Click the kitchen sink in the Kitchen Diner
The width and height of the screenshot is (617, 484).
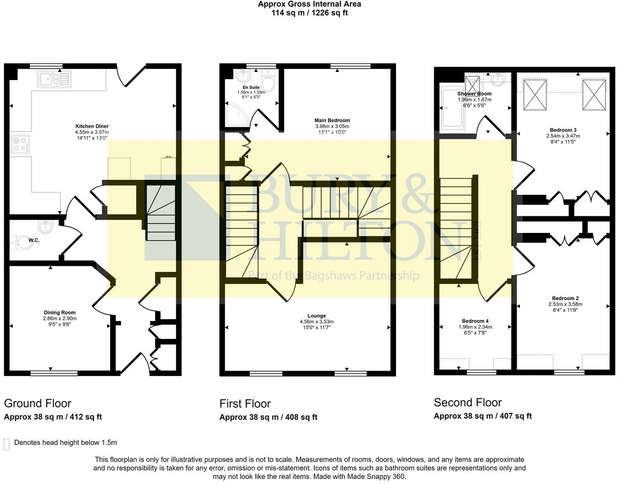click(54, 79)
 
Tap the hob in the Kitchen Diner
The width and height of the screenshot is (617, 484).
click(20, 144)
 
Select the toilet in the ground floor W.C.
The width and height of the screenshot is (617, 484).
click(21, 243)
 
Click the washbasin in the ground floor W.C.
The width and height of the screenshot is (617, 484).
click(45, 226)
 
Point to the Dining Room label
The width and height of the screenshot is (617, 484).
click(60, 313)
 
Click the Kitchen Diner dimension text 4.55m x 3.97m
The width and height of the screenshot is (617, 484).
click(92, 132)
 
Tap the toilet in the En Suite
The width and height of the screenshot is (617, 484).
click(268, 80)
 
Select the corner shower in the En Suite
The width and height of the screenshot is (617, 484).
click(237, 114)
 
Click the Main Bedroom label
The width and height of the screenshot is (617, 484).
click(332, 121)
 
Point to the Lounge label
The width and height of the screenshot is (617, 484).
click(317, 315)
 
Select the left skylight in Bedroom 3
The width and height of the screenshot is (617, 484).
click(535, 95)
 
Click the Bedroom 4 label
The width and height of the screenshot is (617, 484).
click(475, 321)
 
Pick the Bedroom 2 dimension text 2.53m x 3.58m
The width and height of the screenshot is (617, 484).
click(565, 304)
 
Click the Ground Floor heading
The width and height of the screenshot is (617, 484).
click(38, 403)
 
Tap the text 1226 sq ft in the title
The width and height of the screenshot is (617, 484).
click(329, 13)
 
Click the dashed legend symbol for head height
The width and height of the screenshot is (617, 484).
click(7, 444)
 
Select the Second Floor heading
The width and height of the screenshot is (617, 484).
click(468, 403)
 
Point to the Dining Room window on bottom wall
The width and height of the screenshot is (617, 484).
click(54, 373)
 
